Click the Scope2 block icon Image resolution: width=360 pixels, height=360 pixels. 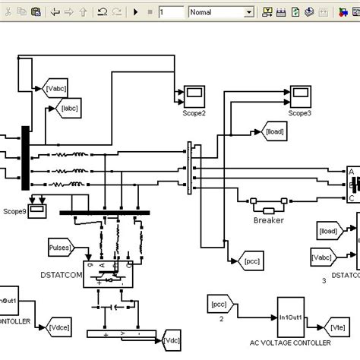pos(194,96)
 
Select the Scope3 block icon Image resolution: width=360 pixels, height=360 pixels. pos(301,96)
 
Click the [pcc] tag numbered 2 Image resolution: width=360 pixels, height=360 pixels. pos(219,305)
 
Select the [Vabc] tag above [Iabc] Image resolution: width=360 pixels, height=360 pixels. pos(57,88)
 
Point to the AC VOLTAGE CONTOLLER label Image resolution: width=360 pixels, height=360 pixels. pos(291,344)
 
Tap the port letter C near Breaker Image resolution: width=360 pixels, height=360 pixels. pos(351,198)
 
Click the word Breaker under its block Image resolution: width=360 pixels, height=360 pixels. pos(268,220)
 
